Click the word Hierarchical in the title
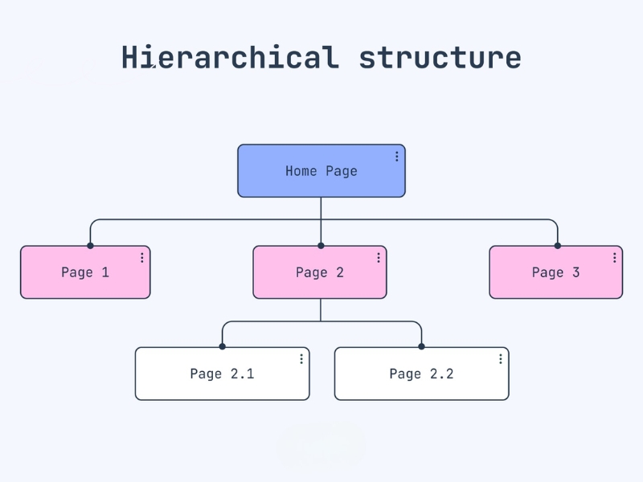click(231, 57)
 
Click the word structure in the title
click(440, 58)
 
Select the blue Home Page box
click(321, 170)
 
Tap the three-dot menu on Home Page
click(396, 156)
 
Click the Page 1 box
click(85, 272)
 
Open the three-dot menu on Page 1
click(142, 257)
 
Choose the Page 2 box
click(320, 272)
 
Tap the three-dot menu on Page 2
click(379, 257)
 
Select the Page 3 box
click(556, 272)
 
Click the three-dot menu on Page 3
click(614, 257)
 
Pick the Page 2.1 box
click(223, 374)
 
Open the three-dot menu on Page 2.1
click(301, 359)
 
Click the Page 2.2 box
click(421, 374)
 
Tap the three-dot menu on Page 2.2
click(500, 359)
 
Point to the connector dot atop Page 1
click(90, 246)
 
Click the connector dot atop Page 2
click(321, 246)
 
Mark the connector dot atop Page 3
click(557, 246)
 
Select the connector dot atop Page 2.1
click(223, 346)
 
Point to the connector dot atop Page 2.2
click(421, 346)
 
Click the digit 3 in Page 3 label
click(575, 272)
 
